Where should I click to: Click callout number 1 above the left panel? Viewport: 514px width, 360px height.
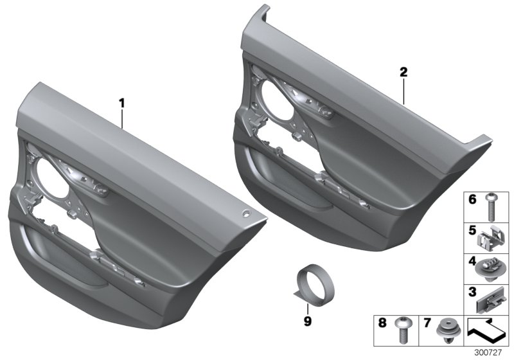tap(121, 102)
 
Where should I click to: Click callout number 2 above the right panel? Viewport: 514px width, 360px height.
tap(403, 73)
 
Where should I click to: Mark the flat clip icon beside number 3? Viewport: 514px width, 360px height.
tap(493, 297)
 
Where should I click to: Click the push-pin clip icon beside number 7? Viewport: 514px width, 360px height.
tap(445, 328)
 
